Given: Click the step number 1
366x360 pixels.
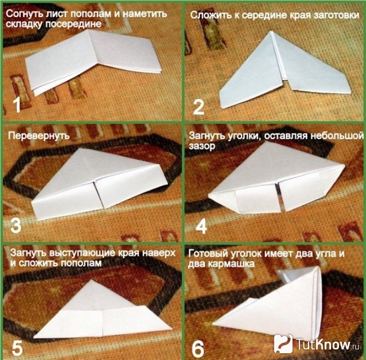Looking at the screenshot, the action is pyautogui.click(x=17, y=105).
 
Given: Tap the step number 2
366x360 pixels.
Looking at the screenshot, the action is pyautogui.click(x=199, y=107).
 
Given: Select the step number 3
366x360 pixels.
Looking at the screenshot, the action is pyautogui.click(x=16, y=225).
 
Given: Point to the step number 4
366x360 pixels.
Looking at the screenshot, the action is pyautogui.click(x=201, y=226).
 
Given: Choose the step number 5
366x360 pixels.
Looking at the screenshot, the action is pyautogui.click(x=17, y=348).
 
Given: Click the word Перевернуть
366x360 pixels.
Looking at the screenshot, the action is pyautogui.click(x=39, y=136).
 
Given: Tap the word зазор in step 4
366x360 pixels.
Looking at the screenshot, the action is pyautogui.click(x=202, y=146).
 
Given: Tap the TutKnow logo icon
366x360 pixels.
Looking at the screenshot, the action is pyautogui.click(x=283, y=344).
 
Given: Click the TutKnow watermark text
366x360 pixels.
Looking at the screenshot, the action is pyautogui.click(x=327, y=344).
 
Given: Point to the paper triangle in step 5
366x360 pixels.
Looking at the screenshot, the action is pyautogui.click(x=102, y=312).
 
